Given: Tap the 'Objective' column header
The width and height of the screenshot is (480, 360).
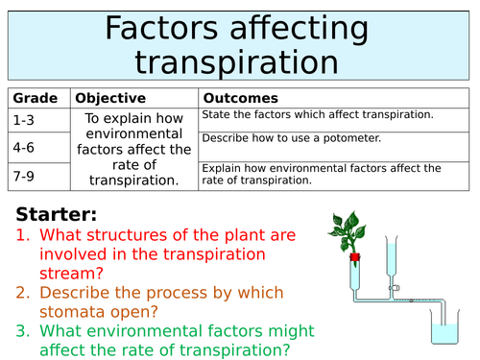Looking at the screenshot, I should click(x=110, y=98).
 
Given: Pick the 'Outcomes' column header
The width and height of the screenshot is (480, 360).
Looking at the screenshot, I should click(x=240, y=98).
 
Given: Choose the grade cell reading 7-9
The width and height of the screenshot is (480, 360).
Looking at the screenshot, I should click(x=24, y=178).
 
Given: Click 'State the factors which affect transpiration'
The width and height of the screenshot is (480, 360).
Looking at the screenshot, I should click(x=317, y=115).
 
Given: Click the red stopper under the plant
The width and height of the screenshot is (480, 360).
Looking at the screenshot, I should click(x=354, y=256).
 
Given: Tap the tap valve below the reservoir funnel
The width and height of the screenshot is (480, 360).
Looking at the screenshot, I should click(x=394, y=286).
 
